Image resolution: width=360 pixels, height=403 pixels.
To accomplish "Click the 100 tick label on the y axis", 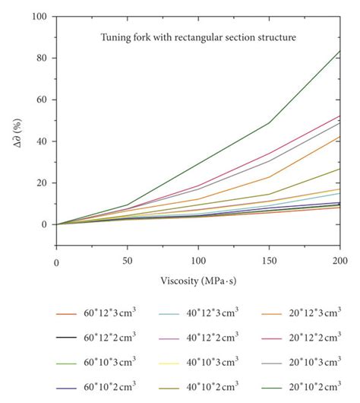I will (x=39, y=17).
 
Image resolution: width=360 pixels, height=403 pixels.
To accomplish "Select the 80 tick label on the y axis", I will (x=42, y=59).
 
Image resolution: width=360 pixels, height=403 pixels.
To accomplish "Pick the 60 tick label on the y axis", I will (x=42, y=100).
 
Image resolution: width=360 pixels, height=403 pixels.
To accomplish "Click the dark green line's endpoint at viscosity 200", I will (x=339, y=51).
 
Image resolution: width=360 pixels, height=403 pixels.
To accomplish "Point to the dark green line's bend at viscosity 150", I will (x=269, y=123).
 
